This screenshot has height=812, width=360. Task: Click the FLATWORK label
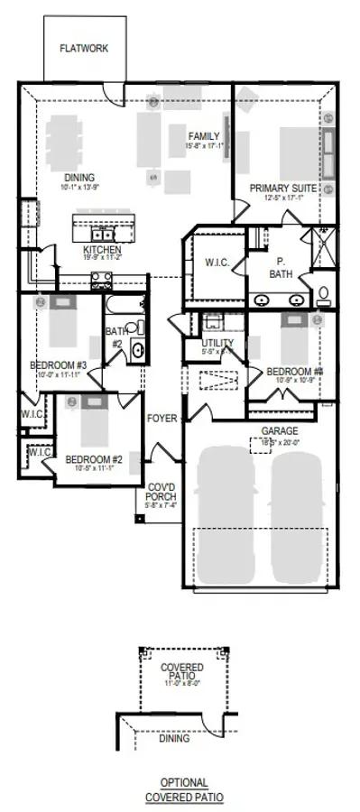tap(84, 48)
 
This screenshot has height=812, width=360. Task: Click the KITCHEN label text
tap(103, 249)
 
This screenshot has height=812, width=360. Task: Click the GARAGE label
tap(280, 431)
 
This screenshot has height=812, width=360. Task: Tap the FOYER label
tap(162, 419)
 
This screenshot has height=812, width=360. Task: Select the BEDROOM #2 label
tap(94, 459)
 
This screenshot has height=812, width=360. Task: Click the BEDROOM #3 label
tap(58, 365)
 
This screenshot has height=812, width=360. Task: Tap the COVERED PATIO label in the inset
tap(181, 672)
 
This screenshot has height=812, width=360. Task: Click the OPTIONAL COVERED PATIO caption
tap(184, 789)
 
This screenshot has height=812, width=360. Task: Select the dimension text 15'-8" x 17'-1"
tap(205, 145)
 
